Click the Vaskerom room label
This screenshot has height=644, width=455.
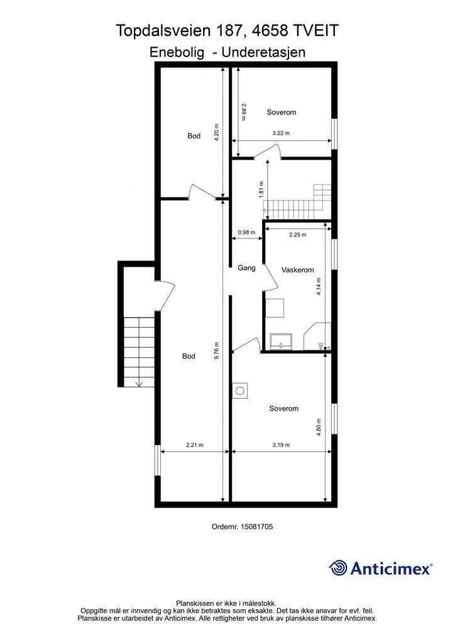coord(297,270)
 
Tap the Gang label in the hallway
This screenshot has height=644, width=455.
coord(246,268)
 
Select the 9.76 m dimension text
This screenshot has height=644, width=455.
coord(217,351)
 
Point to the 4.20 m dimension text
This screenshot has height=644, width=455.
coord(217,132)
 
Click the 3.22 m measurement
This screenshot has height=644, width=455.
coord(281,133)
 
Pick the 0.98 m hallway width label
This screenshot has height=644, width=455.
coord(246,233)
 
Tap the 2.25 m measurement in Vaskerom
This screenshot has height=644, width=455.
coord(297,235)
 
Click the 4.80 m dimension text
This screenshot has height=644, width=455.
coord(319,427)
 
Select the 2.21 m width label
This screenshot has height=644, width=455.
coord(195,445)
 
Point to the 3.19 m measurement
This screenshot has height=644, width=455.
coord(281,445)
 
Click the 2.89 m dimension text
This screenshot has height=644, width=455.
coord(244,112)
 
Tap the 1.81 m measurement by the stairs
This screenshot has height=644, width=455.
coord(262,189)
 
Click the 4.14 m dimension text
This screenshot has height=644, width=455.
coord(319,286)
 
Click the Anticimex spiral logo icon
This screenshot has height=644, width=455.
coord(338,568)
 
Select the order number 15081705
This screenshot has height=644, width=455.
coord(257,526)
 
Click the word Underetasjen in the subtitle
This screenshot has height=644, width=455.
coord(263,52)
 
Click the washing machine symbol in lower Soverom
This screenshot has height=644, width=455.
coord(240,390)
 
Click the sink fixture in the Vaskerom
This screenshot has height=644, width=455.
coord(281,341)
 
